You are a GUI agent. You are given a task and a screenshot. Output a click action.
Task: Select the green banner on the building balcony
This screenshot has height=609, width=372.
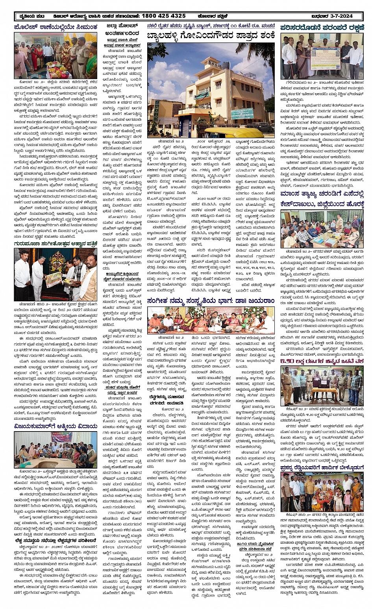click(x=202, y=95)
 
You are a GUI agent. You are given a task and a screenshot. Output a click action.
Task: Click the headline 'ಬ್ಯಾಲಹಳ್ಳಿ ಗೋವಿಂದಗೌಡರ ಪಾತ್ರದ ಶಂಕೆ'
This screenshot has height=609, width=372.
click(x=211, y=37)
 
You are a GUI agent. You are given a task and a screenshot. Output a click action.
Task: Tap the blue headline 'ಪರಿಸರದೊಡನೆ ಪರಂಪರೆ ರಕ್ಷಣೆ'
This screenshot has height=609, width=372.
click(x=322, y=28)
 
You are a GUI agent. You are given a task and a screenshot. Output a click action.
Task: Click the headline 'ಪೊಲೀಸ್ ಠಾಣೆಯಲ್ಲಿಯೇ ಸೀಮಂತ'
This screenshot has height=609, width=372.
click(x=56, y=28)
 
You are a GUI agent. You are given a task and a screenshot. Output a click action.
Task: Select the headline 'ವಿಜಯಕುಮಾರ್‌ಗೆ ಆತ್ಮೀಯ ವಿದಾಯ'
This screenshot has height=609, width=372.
click(x=56, y=426)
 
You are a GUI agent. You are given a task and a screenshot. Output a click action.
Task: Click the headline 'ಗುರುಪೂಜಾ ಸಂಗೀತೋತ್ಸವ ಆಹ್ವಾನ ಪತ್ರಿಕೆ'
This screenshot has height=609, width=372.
click(x=56, y=244)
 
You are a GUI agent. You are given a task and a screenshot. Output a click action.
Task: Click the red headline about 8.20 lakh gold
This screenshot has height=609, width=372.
click(x=322, y=361)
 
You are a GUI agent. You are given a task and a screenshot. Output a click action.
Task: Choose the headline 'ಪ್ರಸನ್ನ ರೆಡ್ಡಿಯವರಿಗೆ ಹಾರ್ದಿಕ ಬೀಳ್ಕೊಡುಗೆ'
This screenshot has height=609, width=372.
click(x=322, y=468)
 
